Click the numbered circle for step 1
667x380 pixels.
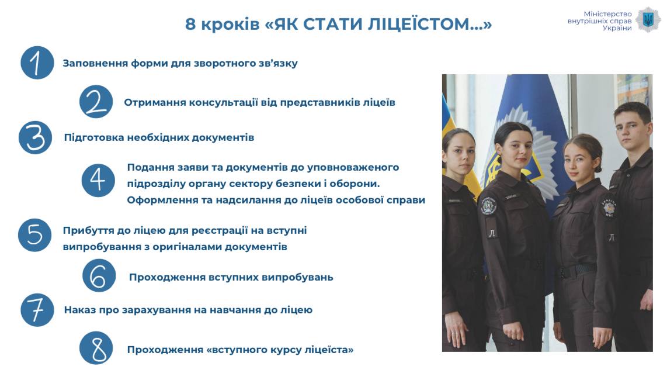tap(37, 63)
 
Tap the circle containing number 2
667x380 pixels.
tap(96, 101)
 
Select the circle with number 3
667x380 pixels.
tap(35, 137)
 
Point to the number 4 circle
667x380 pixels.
tap(98, 180)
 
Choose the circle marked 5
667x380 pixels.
tap(35, 235)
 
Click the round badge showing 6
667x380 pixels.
tap(99, 275)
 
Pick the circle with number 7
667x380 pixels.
tap(37, 310)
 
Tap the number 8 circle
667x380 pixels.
tap(96, 348)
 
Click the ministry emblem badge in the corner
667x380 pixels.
tap(648, 20)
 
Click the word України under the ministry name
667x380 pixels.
tap(617, 28)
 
